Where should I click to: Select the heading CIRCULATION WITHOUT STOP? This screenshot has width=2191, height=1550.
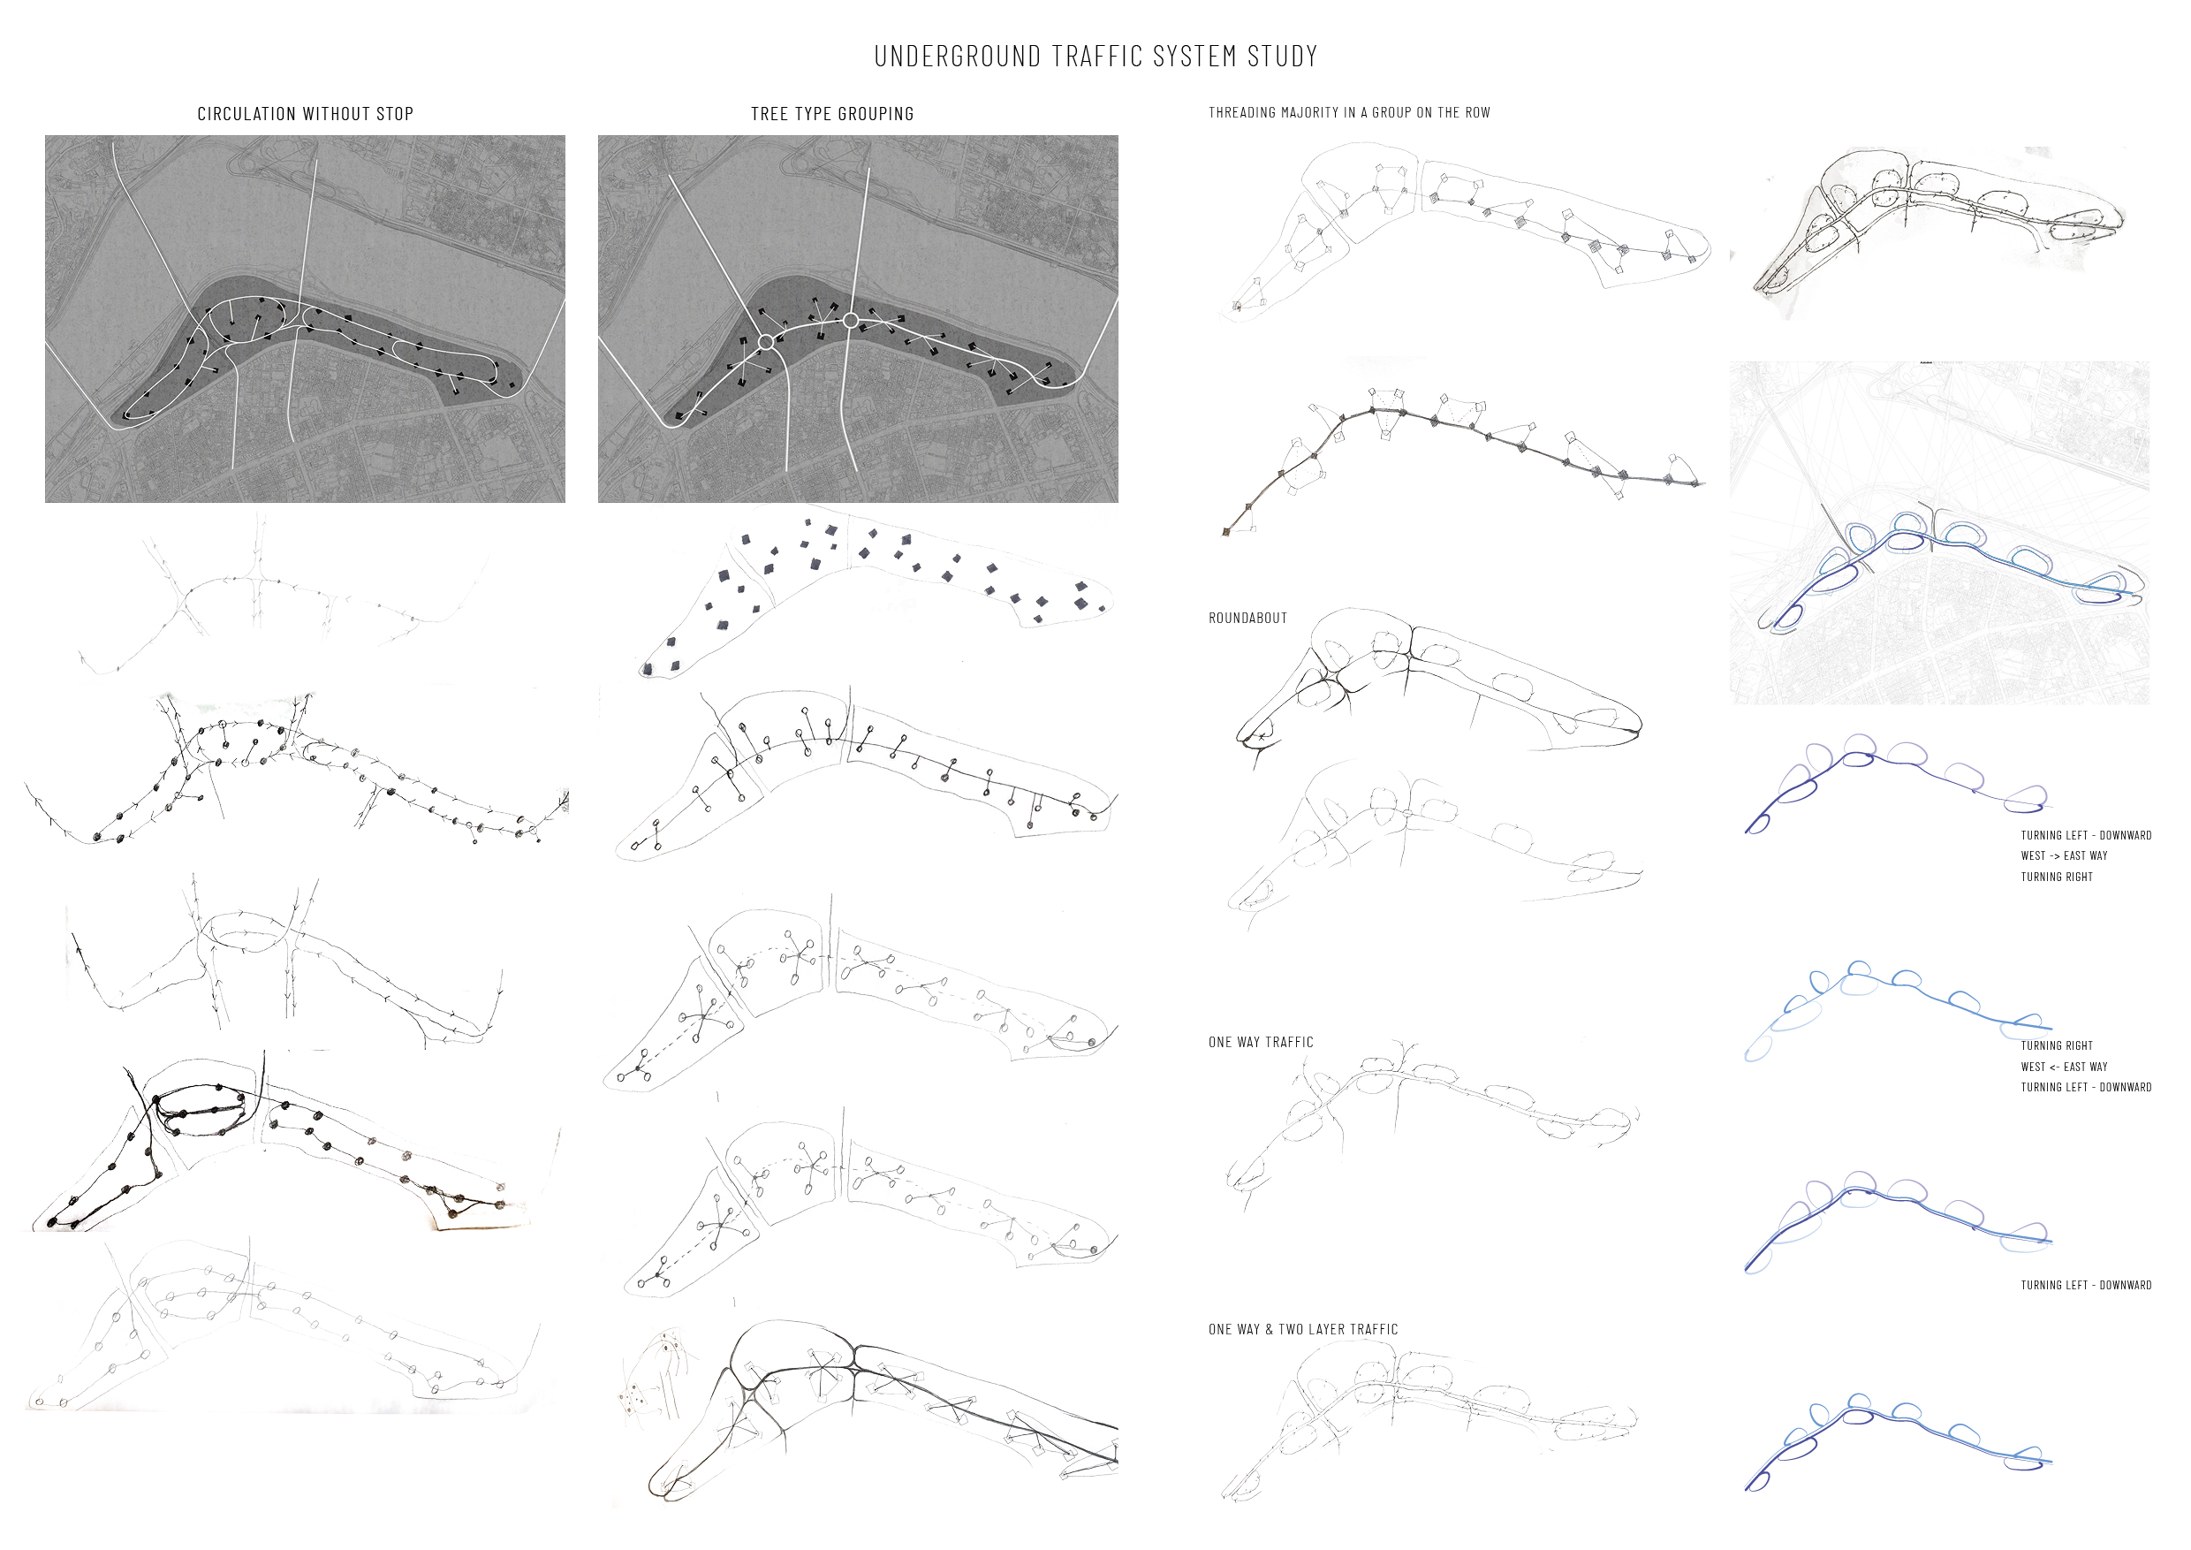[306, 114]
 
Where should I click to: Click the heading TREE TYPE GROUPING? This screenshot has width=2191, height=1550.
[832, 114]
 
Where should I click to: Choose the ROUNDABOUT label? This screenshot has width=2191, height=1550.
[1248, 619]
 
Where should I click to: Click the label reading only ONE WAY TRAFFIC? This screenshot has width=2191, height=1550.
[1261, 1042]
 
